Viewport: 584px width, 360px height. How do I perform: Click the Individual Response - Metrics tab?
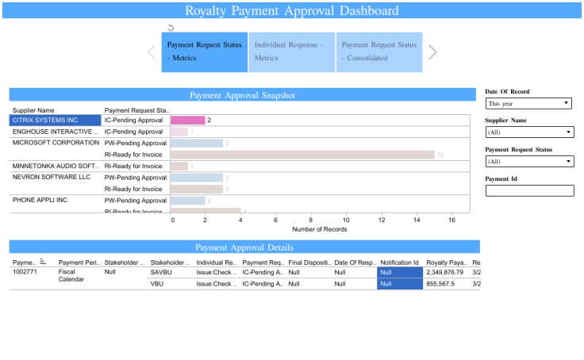[291, 52]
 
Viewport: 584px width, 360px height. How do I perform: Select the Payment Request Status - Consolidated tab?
[378, 52]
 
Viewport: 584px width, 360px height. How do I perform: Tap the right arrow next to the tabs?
[432, 52]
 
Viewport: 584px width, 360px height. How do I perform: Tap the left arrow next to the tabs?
[151, 52]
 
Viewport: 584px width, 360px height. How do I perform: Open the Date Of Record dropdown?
[529, 103]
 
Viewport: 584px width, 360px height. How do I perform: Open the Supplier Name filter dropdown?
[529, 132]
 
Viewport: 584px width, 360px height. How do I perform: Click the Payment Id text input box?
[529, 190]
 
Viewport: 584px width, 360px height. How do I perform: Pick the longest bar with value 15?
[302, 155]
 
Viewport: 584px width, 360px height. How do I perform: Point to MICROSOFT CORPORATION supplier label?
[55, 143]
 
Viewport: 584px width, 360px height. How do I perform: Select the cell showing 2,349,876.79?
[444, 272]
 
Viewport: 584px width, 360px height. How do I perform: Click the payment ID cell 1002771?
[24, 272]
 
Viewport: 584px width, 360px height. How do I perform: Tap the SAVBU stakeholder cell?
[161, 272]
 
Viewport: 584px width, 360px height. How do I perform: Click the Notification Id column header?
[400, 262]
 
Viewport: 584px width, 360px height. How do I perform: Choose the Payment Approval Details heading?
[244, 247]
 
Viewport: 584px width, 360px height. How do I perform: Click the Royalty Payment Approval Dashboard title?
[292, 11]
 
